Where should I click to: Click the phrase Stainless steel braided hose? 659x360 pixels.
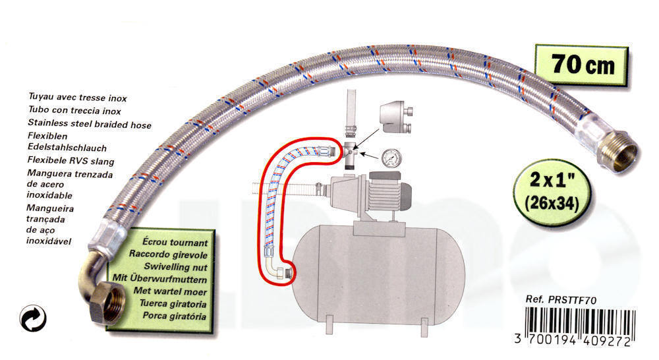click(x=90, y=124)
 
